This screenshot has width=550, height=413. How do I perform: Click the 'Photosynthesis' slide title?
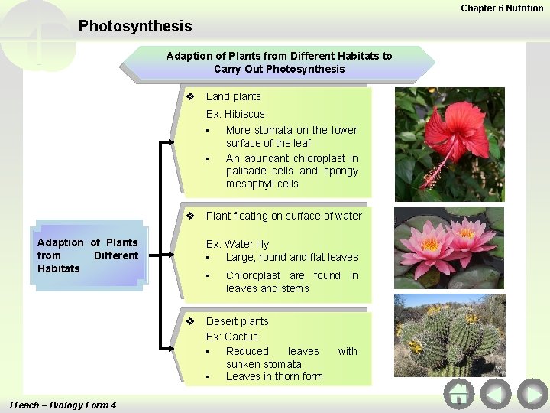click(x=135, y=27)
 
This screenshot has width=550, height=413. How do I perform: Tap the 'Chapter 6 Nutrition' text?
click(x=502, y=8)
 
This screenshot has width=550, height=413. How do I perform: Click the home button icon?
click(x=458, y=394)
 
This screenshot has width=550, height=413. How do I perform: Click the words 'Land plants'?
click(x=233, y=96)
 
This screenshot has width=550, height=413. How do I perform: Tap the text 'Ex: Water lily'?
click(x=238, y=244)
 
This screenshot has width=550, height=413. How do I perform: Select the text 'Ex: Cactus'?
click(x=232, y=337)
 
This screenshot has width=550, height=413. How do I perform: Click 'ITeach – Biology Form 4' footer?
click(x=63, y=405)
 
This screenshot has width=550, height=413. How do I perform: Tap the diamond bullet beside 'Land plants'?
click(x=191, y=96)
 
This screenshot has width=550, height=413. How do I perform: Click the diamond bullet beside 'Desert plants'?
click(x=191, y=321)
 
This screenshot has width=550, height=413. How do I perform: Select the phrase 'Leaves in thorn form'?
click(x=274, y=376)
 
